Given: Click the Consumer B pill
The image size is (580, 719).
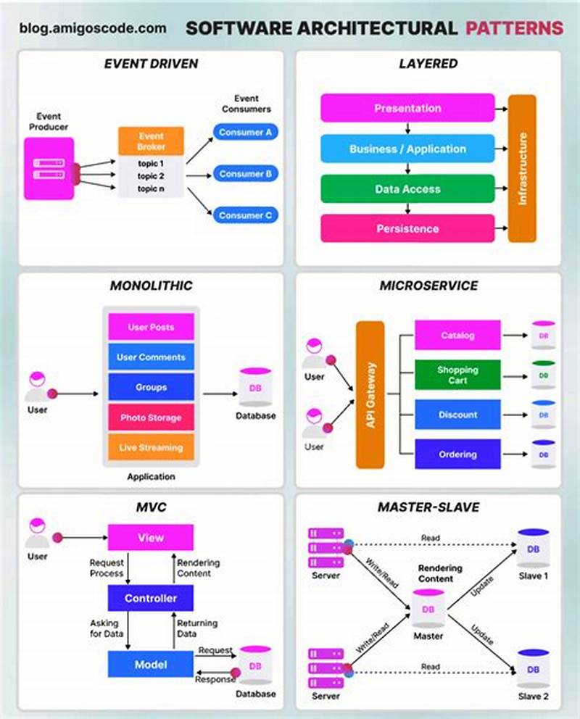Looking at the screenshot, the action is tap(245, 174).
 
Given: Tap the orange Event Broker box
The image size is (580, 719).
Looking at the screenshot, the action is tap(151, 141).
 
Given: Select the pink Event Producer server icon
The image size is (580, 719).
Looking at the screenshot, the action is tap(49, 168).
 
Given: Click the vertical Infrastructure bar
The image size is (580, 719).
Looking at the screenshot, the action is tap(522, 168).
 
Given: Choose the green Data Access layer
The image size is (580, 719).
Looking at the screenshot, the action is tap(407, 189).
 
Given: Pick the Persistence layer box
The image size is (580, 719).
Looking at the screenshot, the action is tap(407, 228).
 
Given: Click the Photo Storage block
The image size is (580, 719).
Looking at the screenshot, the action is tap(151, 417).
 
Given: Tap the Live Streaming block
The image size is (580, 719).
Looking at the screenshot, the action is tap(151, 447).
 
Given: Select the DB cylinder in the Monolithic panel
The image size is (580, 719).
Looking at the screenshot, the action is tap(255, 388).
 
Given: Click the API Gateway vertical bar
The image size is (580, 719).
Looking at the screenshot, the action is tap(370, 395).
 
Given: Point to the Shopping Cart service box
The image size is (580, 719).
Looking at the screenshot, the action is tap(457, 375).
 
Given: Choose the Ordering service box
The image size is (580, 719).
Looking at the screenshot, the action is tap(457, 454).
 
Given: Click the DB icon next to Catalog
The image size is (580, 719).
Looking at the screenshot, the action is tap(543, 336).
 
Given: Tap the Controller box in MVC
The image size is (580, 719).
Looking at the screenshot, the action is tap(151, 598).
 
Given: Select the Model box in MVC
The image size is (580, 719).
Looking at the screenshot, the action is tap(151, 665).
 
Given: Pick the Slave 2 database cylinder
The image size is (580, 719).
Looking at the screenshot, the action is tap(533, 670).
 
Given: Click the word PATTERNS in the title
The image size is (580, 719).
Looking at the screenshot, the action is tap(514, 28).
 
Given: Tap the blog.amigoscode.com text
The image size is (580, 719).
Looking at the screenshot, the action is tap(93, 29).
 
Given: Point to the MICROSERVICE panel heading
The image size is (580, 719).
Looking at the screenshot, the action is tap(428, 286).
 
